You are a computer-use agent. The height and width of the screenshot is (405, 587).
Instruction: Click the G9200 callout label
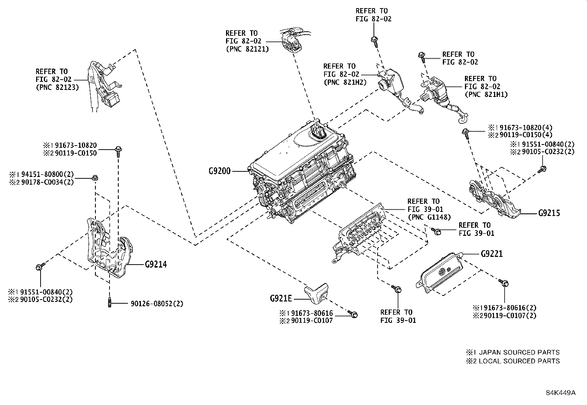[219, 171]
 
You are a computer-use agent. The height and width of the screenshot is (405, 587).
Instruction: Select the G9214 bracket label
[156, 264]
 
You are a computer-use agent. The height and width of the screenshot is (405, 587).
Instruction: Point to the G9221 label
[492, 254]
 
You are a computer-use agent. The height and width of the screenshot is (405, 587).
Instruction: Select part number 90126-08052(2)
[157, 304]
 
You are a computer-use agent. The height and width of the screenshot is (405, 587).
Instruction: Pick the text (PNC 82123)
[57, 88]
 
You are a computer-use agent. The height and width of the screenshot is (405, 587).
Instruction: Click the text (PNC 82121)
[247, 49]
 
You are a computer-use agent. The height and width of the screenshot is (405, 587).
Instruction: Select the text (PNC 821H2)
[345, 82]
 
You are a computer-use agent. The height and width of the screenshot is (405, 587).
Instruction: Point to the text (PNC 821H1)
[486, 94]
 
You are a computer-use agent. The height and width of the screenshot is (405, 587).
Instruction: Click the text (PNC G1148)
[429, 217]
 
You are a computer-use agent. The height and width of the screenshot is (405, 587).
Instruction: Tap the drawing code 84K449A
[560, 392]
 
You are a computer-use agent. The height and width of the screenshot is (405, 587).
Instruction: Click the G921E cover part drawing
[316, 293]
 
